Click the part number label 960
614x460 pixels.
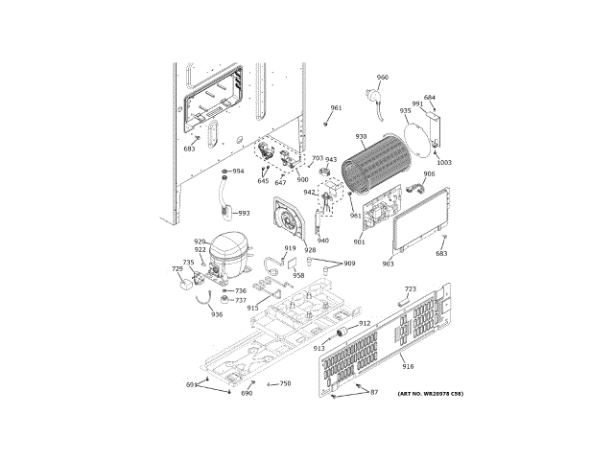click(x=383, y=78)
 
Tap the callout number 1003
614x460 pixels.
click(x=444, y=163)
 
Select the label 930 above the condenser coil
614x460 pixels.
click(x=361, y=137)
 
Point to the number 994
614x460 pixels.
click(x=238, y=172)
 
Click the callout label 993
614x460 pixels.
click(x=244, y=213)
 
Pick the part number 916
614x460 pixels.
click(x=408, y=367)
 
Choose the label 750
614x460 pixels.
click(x=285, y=383)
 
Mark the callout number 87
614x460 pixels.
click(x=374, y=393)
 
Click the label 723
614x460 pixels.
click(x=410, y=288)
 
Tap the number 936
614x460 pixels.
click(x=217, y=314)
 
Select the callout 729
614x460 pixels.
click(x=177, y=269)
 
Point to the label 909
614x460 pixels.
click(x=349, y=264)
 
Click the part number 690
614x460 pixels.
click(x=247, y=393)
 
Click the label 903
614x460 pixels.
click(x=388, y=264)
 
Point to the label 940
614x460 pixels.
click(x=322, y=241)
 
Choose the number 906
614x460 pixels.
click(x=429, y=173)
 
